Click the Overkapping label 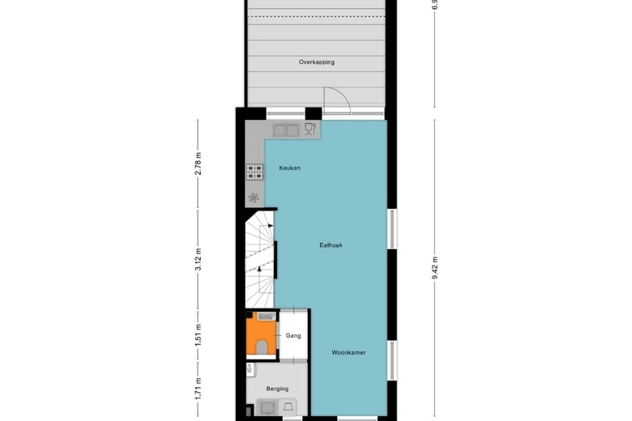click(x=316, y=62)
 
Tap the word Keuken click(x=289, y=168)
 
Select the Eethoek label click(x=331, y=245)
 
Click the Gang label click(x=293, y=334)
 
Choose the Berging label click(x=277, y=389)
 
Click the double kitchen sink click(x=285, y=130)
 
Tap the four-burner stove click(x=254, y=172)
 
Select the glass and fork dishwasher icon click(x=310, y=129)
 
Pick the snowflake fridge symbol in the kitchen click(x=254, y=197)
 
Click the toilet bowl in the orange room click(x=262, y=347)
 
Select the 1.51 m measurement click(x=199, y=334)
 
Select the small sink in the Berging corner click(x=250, y=369)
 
